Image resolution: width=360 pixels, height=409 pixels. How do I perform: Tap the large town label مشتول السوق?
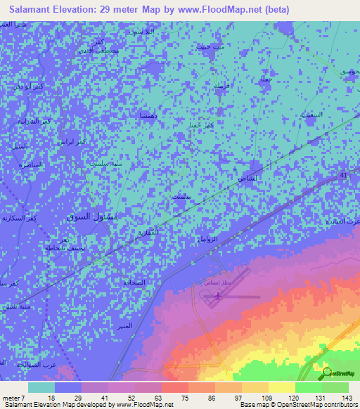[95, 217]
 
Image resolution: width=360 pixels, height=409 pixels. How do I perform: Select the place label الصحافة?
[136, 283]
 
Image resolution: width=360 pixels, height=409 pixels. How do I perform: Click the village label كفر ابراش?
[72, 141]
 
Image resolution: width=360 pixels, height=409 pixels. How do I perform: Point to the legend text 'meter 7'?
[13, 397]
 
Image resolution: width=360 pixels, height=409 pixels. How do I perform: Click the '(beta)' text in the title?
[274, 10]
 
